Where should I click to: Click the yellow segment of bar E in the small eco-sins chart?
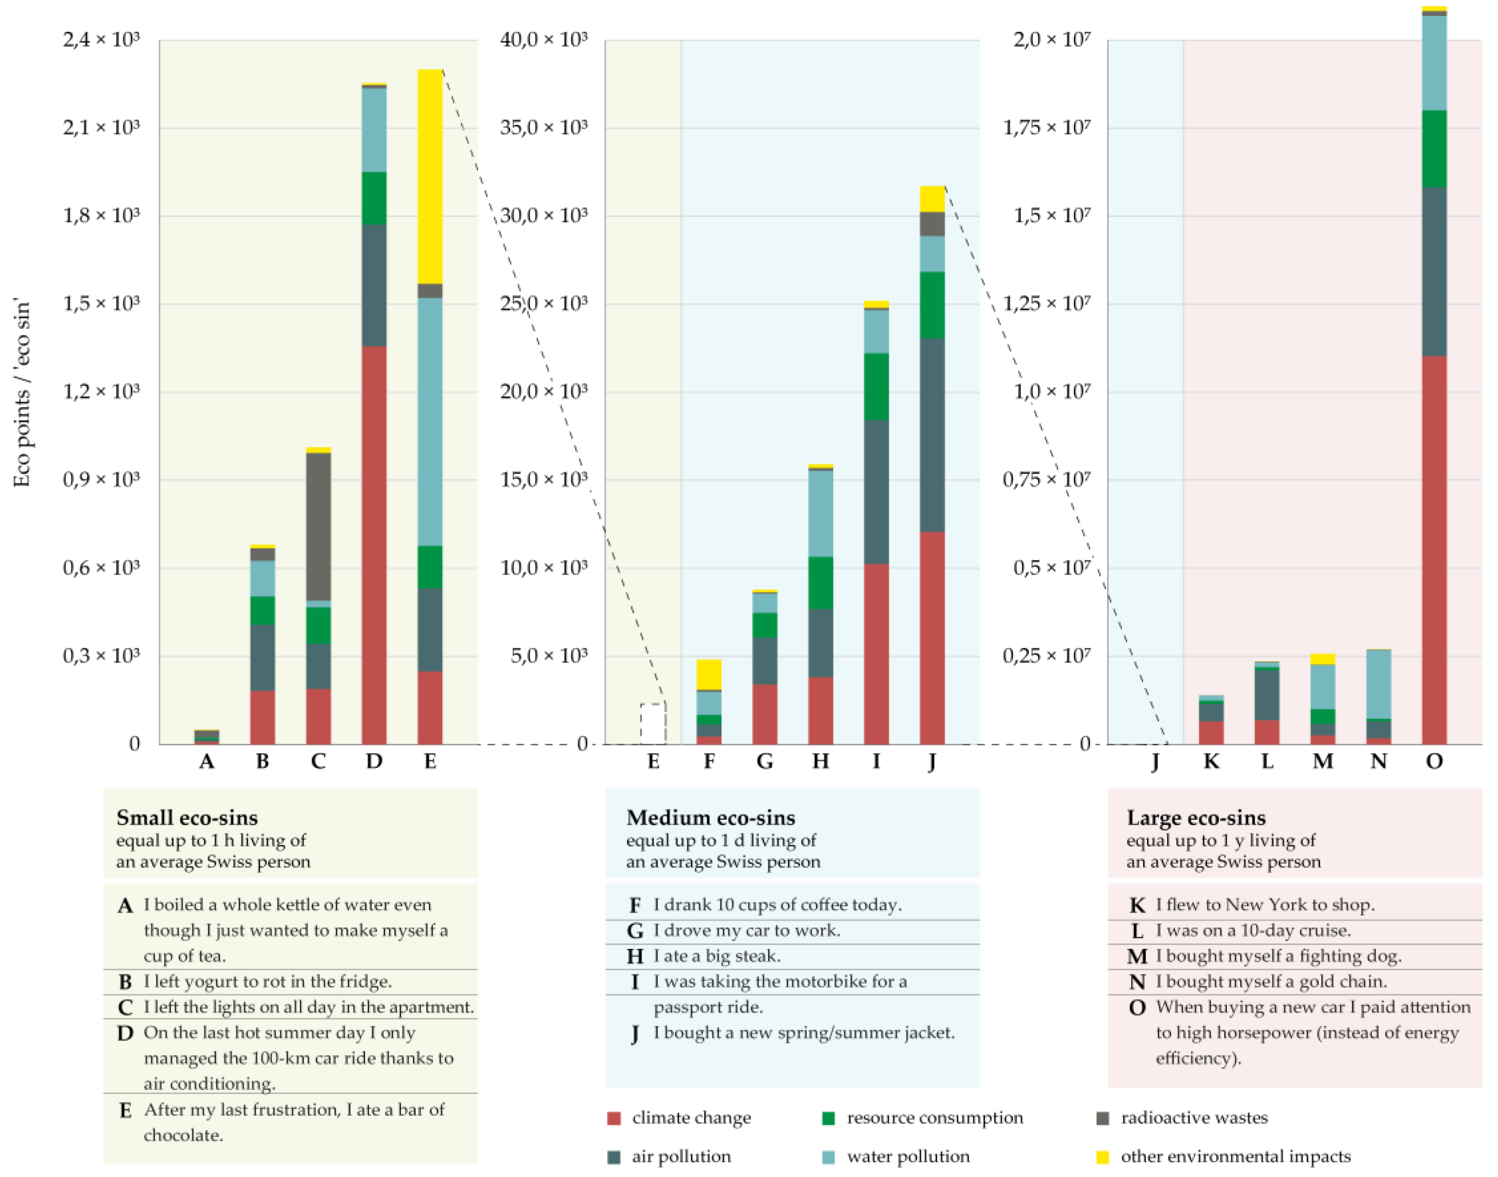pos(430,176)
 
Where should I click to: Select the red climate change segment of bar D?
pos(374,544)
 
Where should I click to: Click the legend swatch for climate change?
pos(614,1119)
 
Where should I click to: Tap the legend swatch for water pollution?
pos(829,1157)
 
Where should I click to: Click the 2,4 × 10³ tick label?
pos(101,40)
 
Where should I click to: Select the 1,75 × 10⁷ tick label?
pos(1047,128)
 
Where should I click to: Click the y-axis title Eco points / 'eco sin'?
pos(22,393)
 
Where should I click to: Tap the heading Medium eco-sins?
pos(710,818)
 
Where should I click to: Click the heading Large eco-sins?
pos(1196,818)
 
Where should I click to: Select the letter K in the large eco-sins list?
pos(1138,905)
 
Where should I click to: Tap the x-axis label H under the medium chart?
pos(821,761)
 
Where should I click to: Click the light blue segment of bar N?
pos(1379,684)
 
